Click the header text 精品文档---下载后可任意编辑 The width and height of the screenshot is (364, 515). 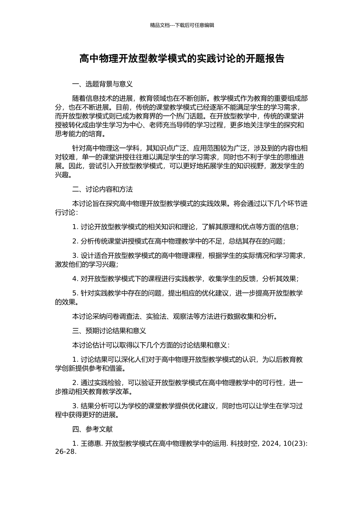(182, 25)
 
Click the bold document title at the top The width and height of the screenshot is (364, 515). (182, 59)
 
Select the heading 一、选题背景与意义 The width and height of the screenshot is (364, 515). (102, 84)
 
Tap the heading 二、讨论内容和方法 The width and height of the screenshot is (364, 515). (102, 189)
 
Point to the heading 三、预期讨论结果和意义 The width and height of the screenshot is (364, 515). (109, 331)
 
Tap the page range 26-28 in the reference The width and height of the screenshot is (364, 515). (65, 451)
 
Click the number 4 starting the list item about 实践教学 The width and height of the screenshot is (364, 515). (74, 279)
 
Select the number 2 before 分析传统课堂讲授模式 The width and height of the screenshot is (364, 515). (74, 241)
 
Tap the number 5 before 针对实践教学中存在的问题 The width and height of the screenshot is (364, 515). (74, 294)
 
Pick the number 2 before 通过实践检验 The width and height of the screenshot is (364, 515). (74, 383)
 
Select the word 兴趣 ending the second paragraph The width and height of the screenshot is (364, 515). (62, 175)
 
